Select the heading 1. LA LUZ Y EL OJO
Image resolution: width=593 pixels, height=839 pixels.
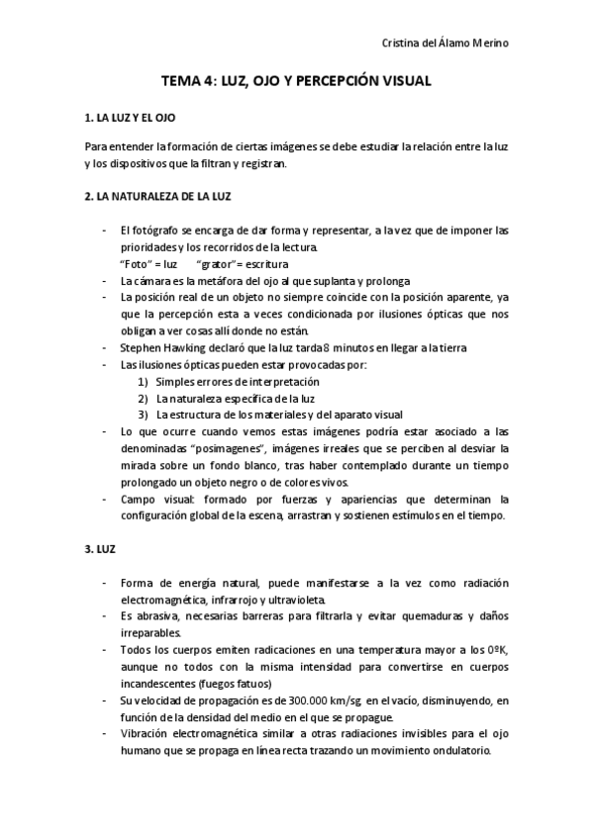(131, 119)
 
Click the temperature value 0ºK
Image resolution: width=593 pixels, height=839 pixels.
(497, 649)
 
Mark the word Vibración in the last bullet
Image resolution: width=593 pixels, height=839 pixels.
(145, 733)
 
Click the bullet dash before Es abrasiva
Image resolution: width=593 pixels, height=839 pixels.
(105, 616)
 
